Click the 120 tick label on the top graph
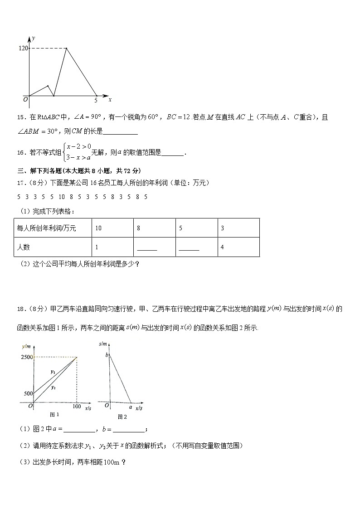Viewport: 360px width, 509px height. (23, 48)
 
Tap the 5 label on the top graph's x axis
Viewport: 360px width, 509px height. (96, 100)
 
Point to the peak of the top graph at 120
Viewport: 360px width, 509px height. (67, 48)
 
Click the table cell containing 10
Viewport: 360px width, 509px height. (98, 228)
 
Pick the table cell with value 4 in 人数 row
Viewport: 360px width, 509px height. (222, 247)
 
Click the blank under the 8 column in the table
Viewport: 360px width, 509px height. (146, 248)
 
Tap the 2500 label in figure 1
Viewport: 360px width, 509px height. (26, 358)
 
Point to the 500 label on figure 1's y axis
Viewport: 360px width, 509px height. (28, 393)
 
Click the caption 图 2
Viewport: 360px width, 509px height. (122, 417)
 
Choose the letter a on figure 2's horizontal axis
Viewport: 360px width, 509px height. (131, 407)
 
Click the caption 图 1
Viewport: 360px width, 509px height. (54, 414)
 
